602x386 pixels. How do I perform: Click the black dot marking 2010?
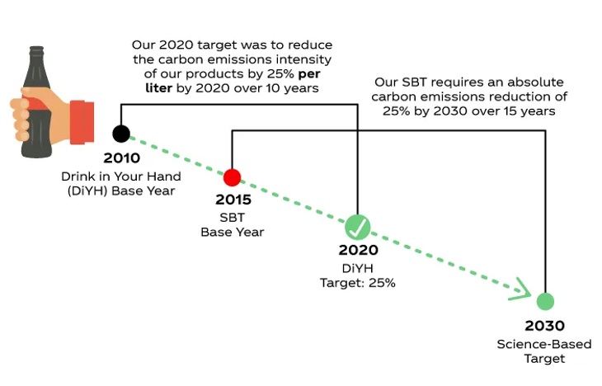point(121,134)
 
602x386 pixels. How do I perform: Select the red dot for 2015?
point(232,177)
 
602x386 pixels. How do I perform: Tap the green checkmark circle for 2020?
point(358,225)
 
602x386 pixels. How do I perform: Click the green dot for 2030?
point(544,301)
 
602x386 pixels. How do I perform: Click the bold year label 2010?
point(121,158)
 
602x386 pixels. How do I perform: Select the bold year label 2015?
point(233,200)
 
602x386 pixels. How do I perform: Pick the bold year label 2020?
point(358,250)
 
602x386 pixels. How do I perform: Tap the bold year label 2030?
point(544,326)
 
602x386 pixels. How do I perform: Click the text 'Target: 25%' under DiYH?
point(358,283)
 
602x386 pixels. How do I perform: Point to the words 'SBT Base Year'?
point(233,224)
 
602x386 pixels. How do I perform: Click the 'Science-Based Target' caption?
point(544,351)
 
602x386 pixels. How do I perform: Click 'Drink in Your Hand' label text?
point(121,177)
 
